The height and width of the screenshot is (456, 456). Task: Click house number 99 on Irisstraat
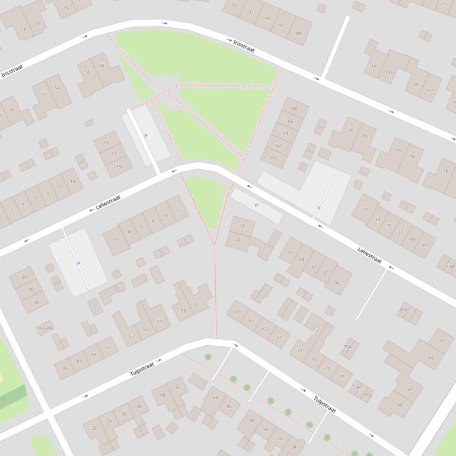click(298, 33)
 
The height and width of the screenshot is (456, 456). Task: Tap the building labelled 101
click(375, 66)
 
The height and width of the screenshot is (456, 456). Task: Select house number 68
click(295, 109)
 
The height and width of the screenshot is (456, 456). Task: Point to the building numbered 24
click(242, 226)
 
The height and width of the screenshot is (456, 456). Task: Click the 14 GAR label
click(45, 327)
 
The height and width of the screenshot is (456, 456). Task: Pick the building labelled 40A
click(404, 310)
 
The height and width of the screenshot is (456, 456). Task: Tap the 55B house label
click(449, 266)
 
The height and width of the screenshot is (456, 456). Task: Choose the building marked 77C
click(368, 394)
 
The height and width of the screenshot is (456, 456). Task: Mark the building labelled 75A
click(347, 347)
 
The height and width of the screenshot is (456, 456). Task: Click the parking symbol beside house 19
click(146, 136)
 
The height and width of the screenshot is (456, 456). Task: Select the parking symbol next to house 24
click(256, 205)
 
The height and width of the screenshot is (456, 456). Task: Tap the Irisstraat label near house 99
click(244, 46)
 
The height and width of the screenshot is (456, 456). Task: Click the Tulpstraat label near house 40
click(142, 369)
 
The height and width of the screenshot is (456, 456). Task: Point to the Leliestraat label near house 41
click(369, 255)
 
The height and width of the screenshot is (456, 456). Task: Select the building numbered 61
click(197, 304)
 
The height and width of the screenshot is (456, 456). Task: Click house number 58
click(102, 66)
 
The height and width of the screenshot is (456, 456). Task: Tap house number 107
click(429, 91)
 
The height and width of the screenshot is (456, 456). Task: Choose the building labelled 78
click(445, 171)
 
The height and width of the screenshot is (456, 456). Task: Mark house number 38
click(139, 407)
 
